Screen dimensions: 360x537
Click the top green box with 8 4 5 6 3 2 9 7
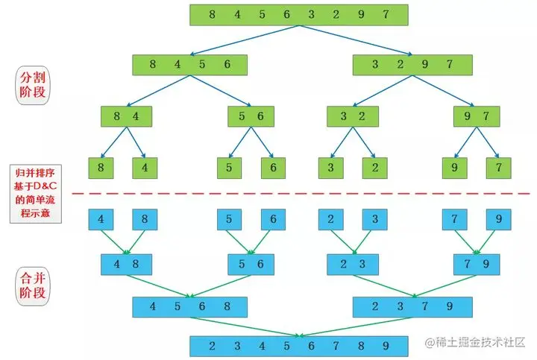299,15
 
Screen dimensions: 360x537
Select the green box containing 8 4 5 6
190,65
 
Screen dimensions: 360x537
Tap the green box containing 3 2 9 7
412,65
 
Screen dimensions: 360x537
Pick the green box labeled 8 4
127,116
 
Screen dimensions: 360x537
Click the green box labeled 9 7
476,116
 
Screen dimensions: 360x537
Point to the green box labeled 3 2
349,116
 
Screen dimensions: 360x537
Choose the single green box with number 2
375,168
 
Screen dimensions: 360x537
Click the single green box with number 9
454,168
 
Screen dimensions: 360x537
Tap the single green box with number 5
229,168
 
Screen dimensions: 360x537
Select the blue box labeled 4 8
127,263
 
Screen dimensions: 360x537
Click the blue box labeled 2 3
349,263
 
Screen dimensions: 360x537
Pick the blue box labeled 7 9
476,263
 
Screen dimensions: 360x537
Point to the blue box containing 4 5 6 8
190,306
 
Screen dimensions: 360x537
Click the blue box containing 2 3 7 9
412,306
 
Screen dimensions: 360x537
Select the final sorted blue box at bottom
299,346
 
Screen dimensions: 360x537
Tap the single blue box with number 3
375,219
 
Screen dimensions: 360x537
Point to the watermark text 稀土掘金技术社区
477,342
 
